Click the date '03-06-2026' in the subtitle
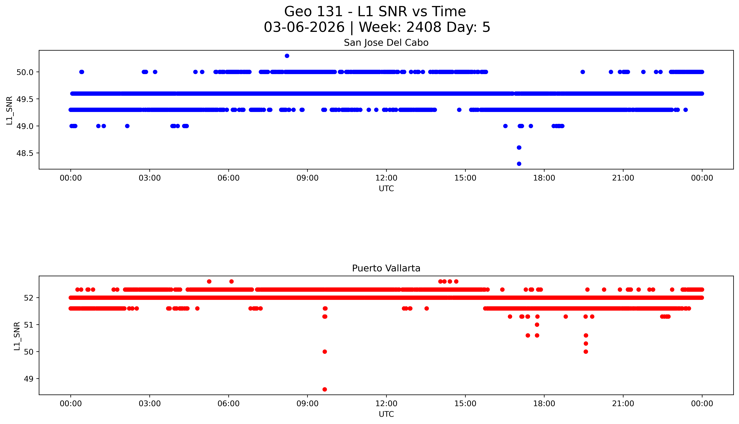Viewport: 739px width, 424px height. click(x=304, y=27)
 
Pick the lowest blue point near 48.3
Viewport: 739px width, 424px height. click(x=519, y=164)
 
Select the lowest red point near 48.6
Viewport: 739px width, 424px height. click(x=325, y=389)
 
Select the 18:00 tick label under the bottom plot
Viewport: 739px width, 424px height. click(x=544, y=404)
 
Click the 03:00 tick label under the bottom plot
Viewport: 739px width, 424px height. click(x=150, y=404)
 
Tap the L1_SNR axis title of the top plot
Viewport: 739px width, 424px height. click(x=10, y=110)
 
